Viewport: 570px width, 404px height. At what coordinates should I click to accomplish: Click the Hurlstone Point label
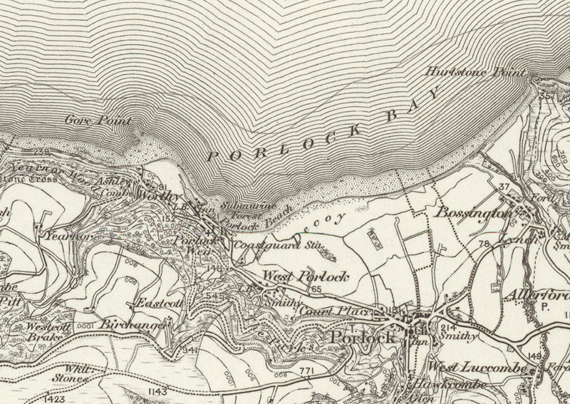point(475,72)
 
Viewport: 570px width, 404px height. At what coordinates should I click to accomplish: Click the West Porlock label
point(306,276)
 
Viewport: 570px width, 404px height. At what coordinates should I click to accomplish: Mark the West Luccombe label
point(477,367)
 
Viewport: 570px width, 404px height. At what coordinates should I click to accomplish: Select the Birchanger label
point(132,324)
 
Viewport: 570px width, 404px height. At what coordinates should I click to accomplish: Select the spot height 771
point(306,371)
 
